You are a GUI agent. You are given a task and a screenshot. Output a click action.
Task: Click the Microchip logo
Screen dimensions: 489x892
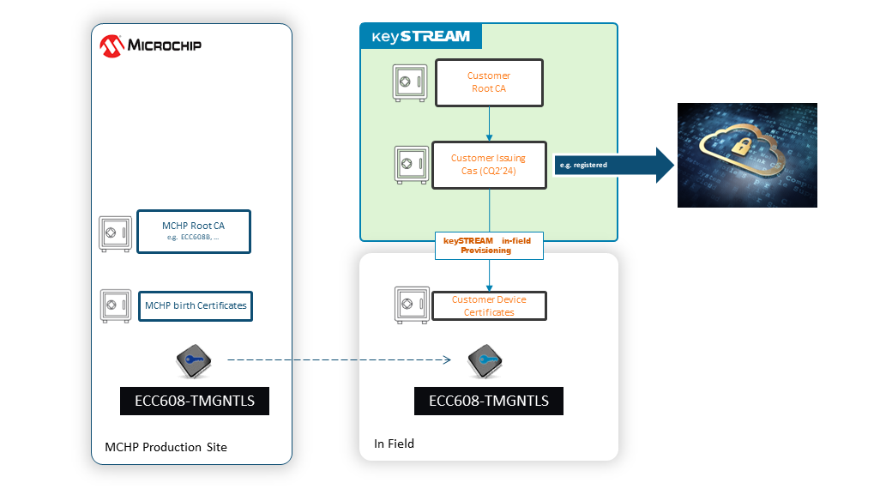coord(151,45)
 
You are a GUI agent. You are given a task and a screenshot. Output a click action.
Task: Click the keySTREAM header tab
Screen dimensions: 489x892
coord(420,36)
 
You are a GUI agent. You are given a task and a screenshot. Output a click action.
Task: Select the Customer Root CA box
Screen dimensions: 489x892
coord(489,82)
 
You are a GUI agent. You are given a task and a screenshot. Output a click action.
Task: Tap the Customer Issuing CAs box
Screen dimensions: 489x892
coord(489,164)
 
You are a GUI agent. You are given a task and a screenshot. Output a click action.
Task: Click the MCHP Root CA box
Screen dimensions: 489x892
coord(194,232)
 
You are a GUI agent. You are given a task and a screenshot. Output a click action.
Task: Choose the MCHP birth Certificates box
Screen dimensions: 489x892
coord(196,305)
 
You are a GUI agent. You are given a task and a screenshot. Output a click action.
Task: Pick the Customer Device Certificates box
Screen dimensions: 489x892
coord(489,305)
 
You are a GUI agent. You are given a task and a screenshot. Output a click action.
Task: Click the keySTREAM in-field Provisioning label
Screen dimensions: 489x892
coord(489,246)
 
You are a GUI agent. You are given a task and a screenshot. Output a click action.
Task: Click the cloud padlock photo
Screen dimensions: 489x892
coord(747,155)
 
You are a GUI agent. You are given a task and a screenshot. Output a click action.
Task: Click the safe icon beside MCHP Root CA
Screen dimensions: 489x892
coord(115,232)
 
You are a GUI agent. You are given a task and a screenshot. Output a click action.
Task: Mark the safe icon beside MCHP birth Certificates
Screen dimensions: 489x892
coord(116,305)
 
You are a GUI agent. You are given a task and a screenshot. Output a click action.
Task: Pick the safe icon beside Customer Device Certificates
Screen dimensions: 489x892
coord(410,305)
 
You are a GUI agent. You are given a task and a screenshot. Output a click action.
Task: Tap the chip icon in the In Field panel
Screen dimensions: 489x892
coord(486,363)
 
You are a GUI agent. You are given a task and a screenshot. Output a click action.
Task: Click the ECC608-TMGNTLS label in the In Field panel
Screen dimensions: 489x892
coord(489,401)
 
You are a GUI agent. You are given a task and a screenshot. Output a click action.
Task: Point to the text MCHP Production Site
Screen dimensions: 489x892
coord(166,447)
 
